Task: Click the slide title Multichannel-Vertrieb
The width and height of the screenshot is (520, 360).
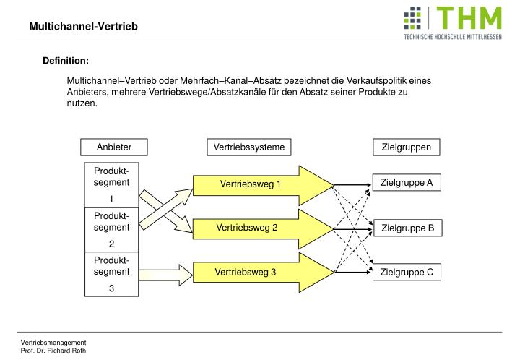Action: click(x=82, y=27)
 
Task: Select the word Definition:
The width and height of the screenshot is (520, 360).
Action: click(x=66, y=61)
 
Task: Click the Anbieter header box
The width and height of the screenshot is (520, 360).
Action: click(x=114, y=147)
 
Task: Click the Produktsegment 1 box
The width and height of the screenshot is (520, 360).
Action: click(x=112, y=184)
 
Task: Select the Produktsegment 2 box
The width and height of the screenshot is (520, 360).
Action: click(x=112, y=229)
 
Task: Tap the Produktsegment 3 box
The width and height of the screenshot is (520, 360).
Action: click(x=112, y=274)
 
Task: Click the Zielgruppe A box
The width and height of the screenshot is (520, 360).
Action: click(x=406, y=183)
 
